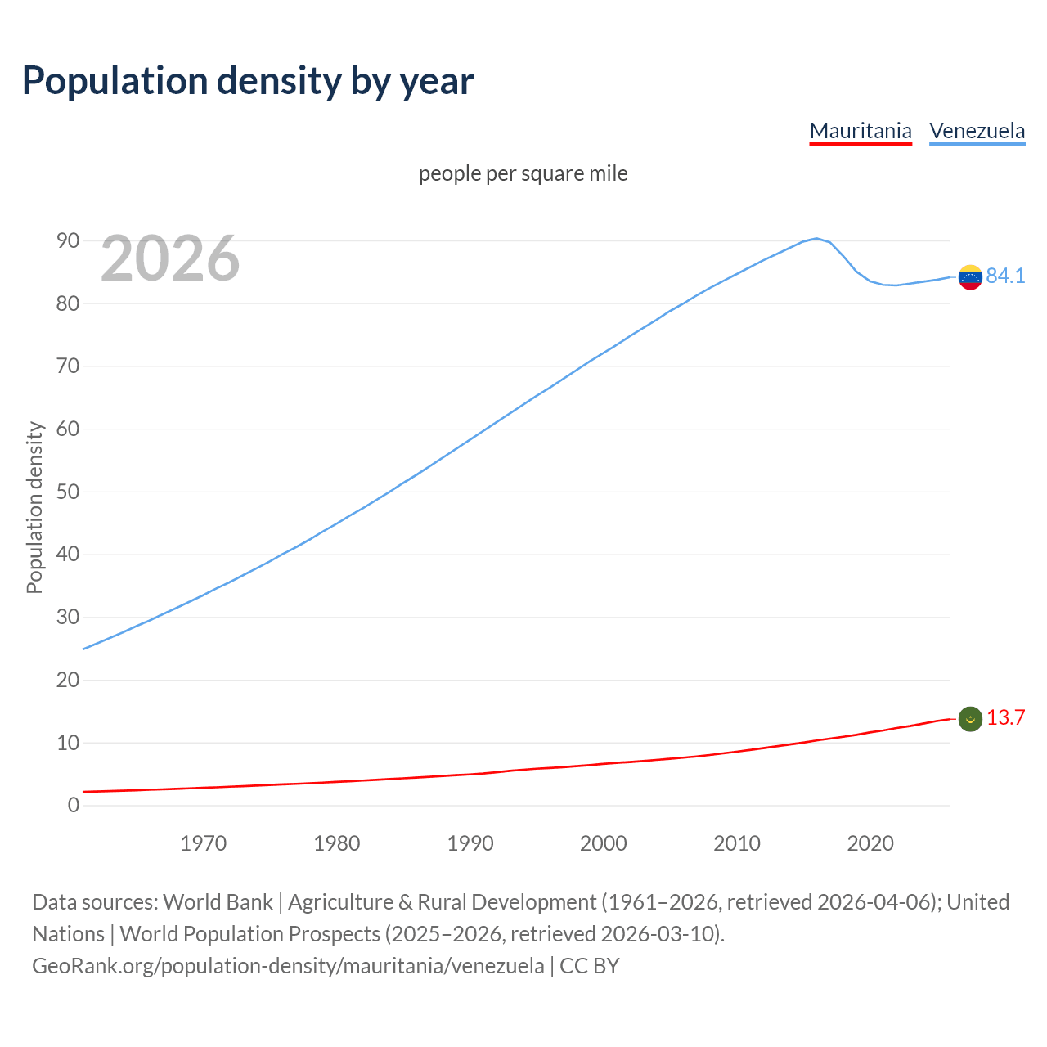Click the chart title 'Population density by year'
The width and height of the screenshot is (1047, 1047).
pos(248,81)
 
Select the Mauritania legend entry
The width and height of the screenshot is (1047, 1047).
pos(861,131)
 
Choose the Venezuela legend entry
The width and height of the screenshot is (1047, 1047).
pos(977,131)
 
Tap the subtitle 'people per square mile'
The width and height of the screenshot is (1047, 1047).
pos(523,174)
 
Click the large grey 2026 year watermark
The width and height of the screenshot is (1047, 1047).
pos(170,258)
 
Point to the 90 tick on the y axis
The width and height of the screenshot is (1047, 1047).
pos(68,240)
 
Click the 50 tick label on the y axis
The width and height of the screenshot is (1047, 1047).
pos(68,492)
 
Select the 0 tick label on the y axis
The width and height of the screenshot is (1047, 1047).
pos(74,806)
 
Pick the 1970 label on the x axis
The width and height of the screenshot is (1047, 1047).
pos(204,843)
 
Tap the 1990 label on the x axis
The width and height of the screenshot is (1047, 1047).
pos(470,843)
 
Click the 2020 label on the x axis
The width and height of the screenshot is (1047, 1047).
pos(870,843)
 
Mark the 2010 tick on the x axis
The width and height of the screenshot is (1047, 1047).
pos(737,843)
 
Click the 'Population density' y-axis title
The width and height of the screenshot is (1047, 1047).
pos(34,507)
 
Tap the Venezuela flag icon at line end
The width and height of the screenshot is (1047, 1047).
pos(970,277)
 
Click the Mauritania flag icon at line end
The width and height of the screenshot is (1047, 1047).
pos(970,719)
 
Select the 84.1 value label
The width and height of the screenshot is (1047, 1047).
pos(1005,276)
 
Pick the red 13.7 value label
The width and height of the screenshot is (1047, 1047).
pos(1005,718)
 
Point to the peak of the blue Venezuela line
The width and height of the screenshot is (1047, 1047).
pos(816,239)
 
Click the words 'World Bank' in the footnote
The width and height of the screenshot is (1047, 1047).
pos(218,902)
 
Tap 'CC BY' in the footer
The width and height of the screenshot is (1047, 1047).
pos(589,966)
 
